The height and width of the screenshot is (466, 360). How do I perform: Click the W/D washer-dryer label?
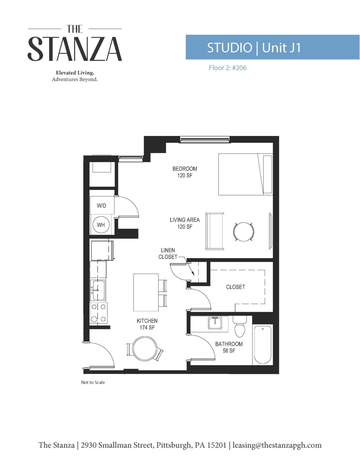[101, 206]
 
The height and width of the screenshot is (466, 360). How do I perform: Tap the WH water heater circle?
[101, 225]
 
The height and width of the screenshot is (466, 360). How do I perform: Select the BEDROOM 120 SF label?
[184, 172]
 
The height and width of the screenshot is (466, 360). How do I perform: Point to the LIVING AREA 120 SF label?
[184, 223]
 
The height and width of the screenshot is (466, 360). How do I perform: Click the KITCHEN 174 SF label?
[147, 324]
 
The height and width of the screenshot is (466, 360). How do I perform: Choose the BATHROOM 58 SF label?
[229, 347]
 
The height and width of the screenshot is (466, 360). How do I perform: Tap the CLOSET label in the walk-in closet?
[235, 287]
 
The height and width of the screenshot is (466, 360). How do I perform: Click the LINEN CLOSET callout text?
[168, 254]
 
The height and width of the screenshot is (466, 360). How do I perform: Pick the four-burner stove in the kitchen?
[99, 313]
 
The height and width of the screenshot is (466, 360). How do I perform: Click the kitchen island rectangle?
[146, 292]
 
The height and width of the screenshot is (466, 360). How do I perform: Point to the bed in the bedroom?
[245, 174]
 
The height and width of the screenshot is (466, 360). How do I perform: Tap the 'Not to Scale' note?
[93, 382]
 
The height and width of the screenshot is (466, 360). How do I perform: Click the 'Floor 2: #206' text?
[228, 68]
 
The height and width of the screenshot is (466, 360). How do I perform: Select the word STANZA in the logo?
[75, 49]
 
